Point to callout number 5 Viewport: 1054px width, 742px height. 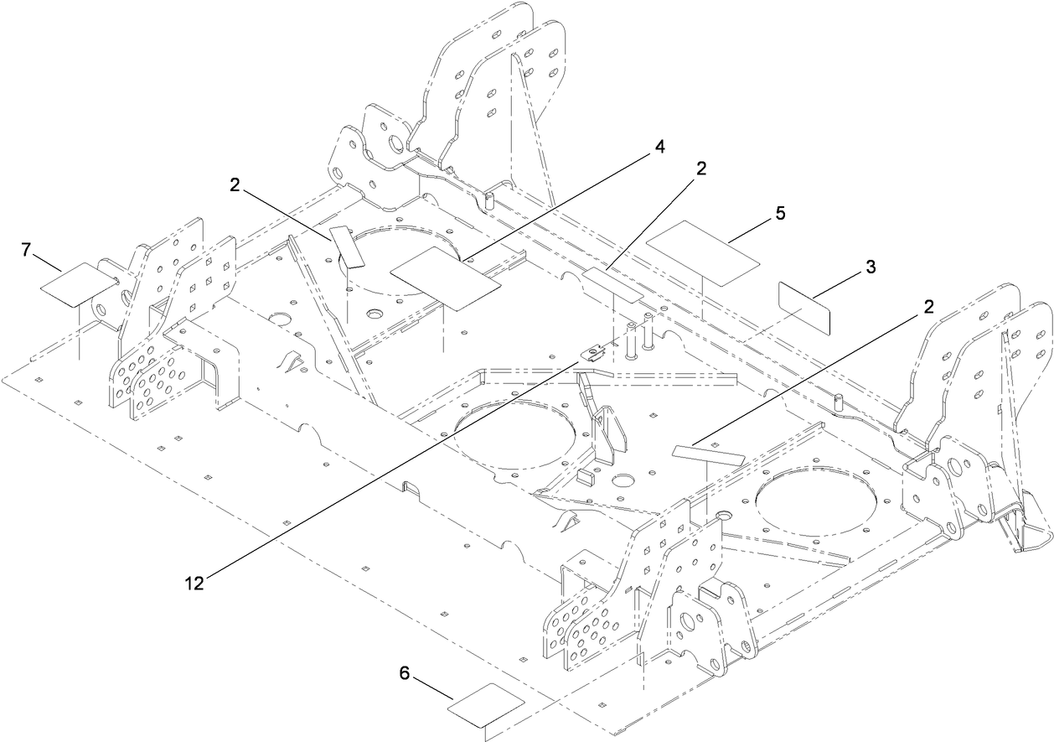point(780,213)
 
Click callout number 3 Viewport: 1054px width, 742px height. point(871,267)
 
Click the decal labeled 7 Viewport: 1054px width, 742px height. point(79,282)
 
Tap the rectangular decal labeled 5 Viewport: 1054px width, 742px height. point(703,249)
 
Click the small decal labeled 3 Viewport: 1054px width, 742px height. point(804,309)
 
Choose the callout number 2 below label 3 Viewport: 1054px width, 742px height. point(927,307)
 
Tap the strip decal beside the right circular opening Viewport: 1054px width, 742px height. point(709,454)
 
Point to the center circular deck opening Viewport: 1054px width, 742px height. point(514,437)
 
